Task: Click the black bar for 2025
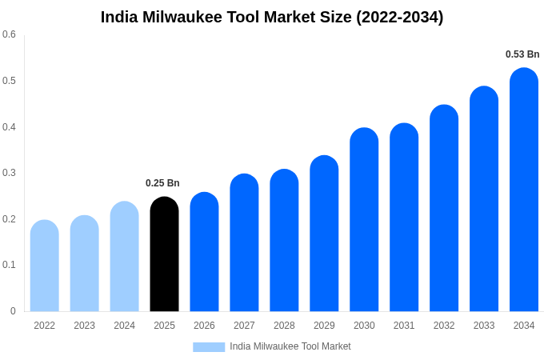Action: tap(164, 254)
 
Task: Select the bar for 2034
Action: tap(524, 190)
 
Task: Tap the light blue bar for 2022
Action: tap(45, 266)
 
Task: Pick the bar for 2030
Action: tap(364, 220)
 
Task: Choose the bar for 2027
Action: tap(244, 243)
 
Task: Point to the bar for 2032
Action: tap(444, 209)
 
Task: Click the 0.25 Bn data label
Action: tap(162, 183)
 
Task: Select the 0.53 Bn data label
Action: tap(522, 54)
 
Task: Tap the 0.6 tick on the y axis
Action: tap(9, 34)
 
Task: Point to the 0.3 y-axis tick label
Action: tap(9, 173)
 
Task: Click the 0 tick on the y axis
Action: tap(13, 311)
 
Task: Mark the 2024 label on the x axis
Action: tap(124, 326)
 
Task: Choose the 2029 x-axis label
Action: tap(324, 326)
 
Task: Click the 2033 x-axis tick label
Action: tap(484, 326)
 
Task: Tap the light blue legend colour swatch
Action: tap(209, 347)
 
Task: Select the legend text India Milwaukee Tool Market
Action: tap(290, 346)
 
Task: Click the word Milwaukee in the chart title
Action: tap(182, 17)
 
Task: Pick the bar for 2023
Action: tap(85, 263)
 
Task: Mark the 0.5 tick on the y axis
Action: tap(9, 81)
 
